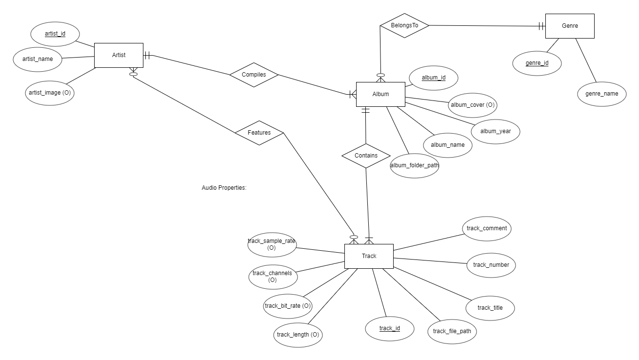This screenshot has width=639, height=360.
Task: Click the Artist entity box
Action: [119, 55]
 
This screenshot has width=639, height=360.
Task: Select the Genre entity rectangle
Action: [570, 26]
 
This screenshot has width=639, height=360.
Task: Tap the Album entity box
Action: [380, 94]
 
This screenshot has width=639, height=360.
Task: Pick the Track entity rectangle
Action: [369, 256]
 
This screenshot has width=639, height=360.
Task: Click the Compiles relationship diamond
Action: [254, 75]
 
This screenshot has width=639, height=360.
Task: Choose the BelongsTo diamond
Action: [404, 25]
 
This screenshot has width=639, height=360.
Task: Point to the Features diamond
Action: [259, 133]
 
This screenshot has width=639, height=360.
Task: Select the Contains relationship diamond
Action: [366, 156]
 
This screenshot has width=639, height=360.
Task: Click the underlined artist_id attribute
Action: [55, 34]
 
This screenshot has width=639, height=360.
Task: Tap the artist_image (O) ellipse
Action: [50, 93]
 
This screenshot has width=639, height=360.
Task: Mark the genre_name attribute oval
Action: [601, 94]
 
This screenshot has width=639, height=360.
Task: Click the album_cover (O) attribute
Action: [472, 105]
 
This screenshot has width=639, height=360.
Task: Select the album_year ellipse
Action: [495, 131]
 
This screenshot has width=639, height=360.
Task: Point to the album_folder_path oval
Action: [415, 165]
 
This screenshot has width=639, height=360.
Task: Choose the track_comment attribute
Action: [486, 228]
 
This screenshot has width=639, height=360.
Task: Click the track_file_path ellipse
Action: [452, 331]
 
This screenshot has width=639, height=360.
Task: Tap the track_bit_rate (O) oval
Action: [287, 306]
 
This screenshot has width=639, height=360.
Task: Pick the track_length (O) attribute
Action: [298, 335]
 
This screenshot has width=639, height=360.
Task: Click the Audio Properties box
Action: [225, 197]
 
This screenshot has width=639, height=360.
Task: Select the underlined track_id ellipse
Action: [389, 328]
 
